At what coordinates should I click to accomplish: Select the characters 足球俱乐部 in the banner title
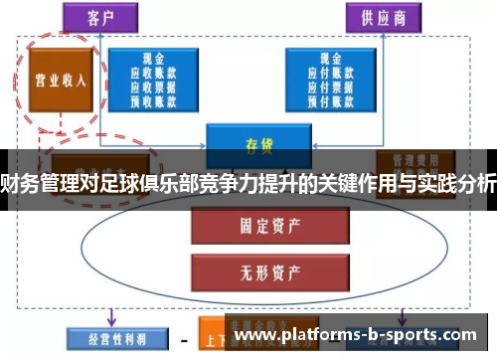[x=158, y=181]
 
